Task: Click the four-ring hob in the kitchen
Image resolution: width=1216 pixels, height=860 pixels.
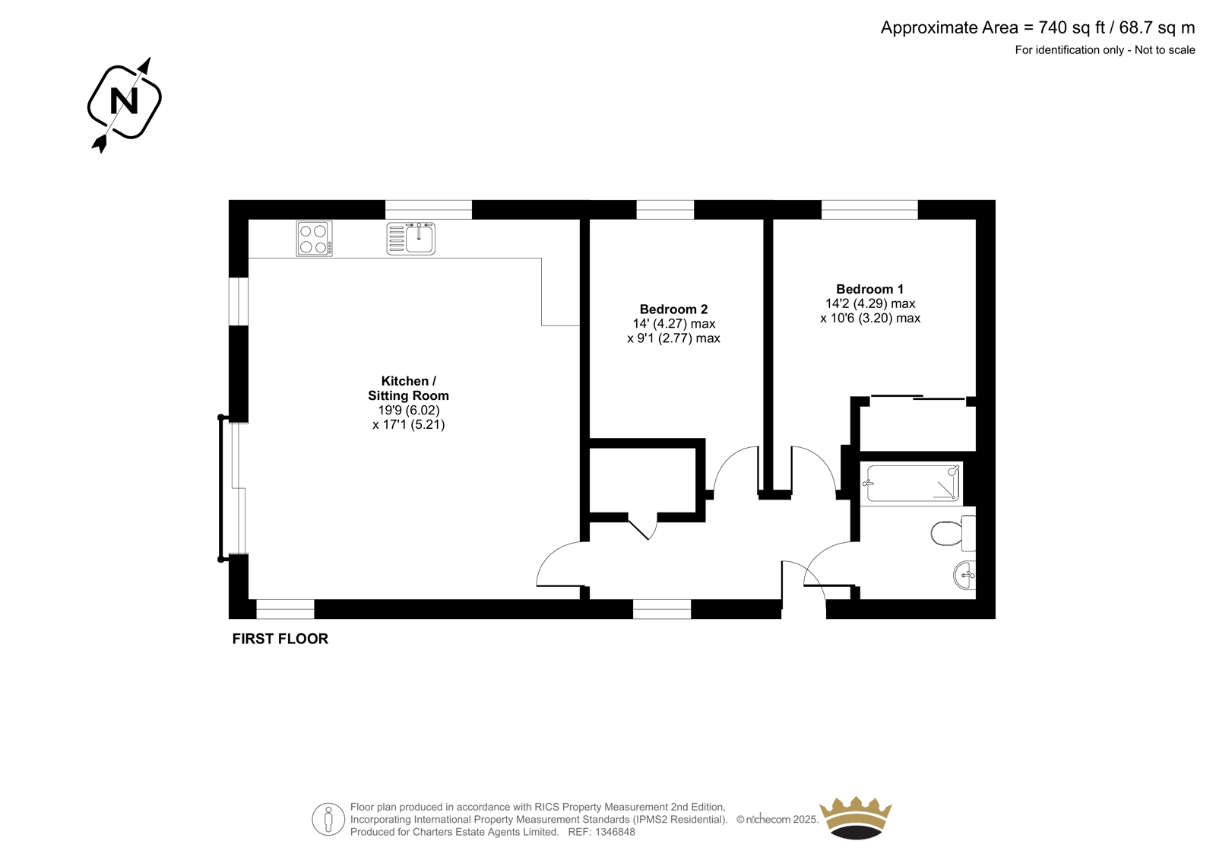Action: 315,239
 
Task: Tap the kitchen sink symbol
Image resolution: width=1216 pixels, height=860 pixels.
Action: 411,239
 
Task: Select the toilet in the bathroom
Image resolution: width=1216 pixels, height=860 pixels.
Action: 953,534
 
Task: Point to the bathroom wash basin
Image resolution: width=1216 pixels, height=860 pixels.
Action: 964,575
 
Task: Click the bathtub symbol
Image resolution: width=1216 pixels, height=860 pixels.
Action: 913,483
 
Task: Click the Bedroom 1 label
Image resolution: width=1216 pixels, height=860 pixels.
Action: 869,289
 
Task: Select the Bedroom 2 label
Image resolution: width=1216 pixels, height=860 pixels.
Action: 673,309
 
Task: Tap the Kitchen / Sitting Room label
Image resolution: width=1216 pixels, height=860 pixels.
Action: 408,388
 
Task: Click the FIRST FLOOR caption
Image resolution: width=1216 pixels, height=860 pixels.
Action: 280,639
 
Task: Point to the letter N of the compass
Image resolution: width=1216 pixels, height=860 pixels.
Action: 124,101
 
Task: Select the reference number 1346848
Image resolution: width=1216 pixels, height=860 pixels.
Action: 615,832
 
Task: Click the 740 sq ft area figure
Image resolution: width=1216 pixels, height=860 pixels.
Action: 1072,27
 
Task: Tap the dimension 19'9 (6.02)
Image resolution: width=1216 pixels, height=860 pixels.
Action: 409,410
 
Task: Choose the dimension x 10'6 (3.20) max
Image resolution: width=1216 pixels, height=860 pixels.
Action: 870,319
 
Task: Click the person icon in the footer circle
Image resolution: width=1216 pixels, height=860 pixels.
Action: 328,819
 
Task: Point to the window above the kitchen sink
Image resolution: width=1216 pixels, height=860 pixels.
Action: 429,210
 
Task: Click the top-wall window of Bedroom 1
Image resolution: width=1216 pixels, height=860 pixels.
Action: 869,210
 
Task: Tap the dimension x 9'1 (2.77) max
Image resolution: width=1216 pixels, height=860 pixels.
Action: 673,338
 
